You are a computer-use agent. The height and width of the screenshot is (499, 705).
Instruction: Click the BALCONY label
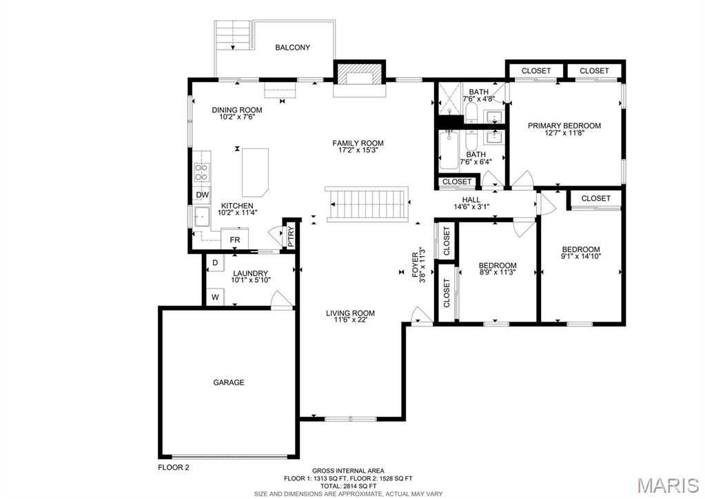(x=292, y=48)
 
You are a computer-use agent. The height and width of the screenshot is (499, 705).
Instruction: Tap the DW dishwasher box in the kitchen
(x=203, y=195)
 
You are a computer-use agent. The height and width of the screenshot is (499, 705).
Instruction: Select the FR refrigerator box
(x=235, y=239)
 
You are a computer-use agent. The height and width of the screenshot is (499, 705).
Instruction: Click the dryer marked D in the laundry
(x=215, y=262)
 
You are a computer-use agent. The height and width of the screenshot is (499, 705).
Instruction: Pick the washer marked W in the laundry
(x=215, y=297)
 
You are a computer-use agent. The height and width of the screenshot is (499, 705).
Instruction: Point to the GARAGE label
(x=228, y=382)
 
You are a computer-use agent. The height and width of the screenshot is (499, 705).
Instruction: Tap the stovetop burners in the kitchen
(x=203, y=173)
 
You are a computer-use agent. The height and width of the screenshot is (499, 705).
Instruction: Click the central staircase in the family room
(x=367, y=204)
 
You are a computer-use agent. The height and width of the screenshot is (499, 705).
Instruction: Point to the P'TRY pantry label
(x=290, y=237)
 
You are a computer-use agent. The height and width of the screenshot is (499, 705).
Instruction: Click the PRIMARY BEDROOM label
(x=564, y=126)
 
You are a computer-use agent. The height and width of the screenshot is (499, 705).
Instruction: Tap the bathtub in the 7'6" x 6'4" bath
(x=448, y=150)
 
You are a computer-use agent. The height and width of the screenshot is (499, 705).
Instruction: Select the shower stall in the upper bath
(x=449, y=99)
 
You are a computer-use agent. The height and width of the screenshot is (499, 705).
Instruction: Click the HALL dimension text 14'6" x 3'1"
(x=471, y=207)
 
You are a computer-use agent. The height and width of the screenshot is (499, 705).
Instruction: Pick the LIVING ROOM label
(x=350, y=313)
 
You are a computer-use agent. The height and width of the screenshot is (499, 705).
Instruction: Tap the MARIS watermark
(x=668, y=485)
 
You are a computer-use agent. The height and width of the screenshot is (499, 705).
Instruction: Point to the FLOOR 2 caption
(x=174, y=467)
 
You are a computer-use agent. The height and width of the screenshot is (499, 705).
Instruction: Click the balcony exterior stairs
(x=232, y=35)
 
